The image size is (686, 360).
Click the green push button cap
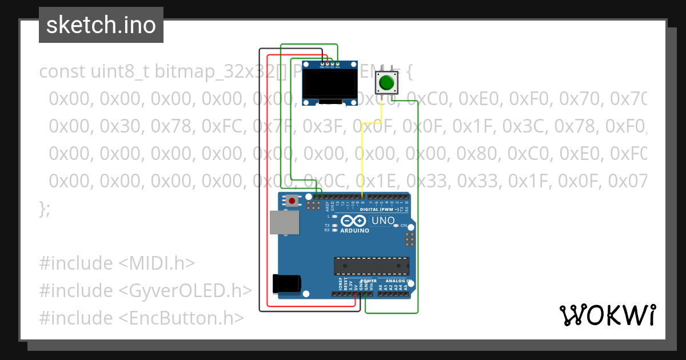coord(387,83)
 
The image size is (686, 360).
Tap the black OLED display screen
coord(329,83)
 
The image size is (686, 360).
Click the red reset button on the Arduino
coord(292,201)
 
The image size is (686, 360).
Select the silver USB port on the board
coord(284,222)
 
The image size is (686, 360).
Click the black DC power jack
coord(286,283)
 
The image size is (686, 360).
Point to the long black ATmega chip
coord(372,266)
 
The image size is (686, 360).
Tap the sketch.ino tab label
coord(101,25)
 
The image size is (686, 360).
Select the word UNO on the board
coord(382,221)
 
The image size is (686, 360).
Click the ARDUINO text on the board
coord(354,231)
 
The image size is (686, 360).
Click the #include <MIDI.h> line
coord(117,263)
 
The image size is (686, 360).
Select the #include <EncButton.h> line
coord(141,318)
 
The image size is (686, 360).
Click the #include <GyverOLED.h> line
coord(145,290)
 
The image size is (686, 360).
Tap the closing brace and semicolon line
coord(45,209)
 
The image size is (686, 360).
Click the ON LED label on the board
coord(403,226)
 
